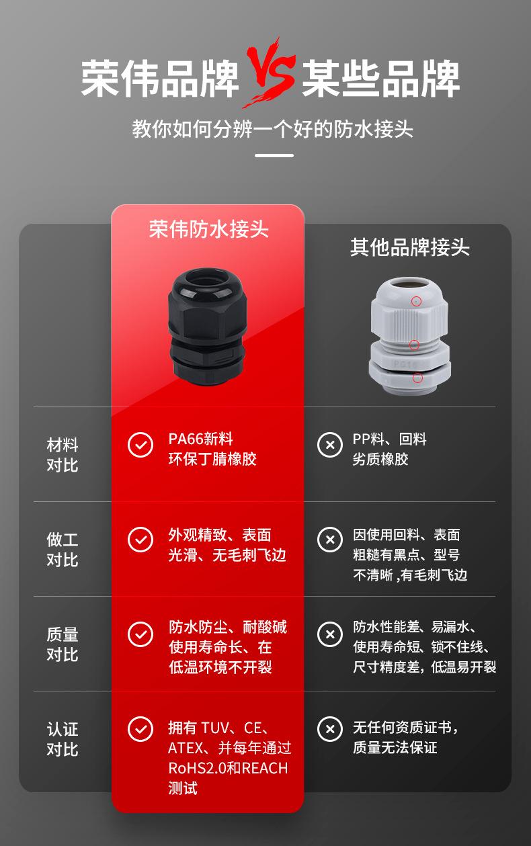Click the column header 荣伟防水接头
pos(208,229)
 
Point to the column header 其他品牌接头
pos(409,247)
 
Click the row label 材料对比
pos(63,455)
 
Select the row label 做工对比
pos(63,550)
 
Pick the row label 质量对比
pos(63,644)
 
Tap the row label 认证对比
pos(63,739)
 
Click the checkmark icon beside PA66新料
pos(140,445)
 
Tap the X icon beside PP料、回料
pos(329,445)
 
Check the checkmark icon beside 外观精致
pos(140,540)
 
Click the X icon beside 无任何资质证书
pos(329,728)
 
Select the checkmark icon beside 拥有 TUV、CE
pos(140,728)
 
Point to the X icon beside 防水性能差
pos(329,634)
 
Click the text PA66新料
pos(200,439)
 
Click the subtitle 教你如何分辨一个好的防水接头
pos(273,129)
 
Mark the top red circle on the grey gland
pos(417,301)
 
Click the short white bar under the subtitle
pos(275,156)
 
